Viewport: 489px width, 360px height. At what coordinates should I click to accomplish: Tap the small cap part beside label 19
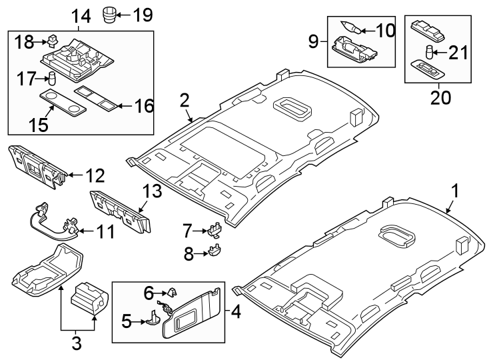tap(110, 13)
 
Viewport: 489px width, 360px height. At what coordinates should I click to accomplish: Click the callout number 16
tap(143, 105)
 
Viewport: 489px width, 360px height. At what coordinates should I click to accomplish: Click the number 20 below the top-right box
tap(440, 97)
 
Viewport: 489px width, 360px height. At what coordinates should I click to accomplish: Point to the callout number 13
tap(151, 193)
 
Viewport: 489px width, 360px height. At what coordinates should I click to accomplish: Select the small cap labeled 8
tap(216, 251)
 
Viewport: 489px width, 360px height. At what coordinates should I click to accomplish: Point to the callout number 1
tap(455, 193)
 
